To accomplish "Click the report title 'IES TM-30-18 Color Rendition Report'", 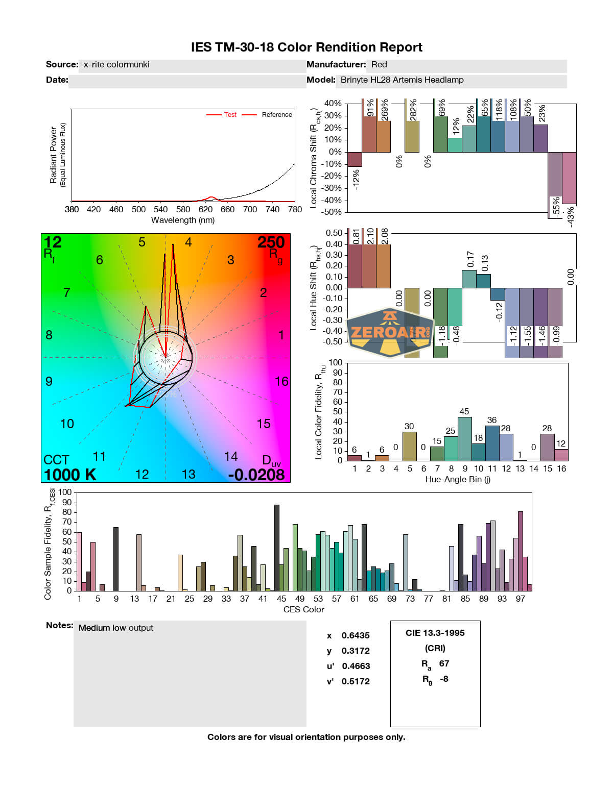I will pyautogui.click(x=306, y=47).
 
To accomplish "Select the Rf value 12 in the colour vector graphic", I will pyautogui.click(x=53, y=242).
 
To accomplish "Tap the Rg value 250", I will pyautogui.click(x=271, y=242).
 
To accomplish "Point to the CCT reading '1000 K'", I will pyautogui.click(x=70, y=475).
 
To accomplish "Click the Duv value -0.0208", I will pyautogui.click(x=256, y=475).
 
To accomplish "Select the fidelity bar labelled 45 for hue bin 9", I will pyautogui.click(x=464, y=439).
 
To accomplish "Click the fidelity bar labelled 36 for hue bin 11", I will pyautogui.click(x=492, y=443).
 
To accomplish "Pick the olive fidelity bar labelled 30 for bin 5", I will pyautogui.click(x=409, y=446).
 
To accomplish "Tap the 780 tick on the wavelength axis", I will pyautogui.click(x=295, y=209).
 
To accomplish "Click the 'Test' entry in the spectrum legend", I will pyautogui.click(x=230, y=115).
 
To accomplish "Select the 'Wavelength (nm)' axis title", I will pyautogui.click(x=183, y=220).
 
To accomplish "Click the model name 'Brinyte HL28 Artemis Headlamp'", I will pyautogui.click(x=402, y=80).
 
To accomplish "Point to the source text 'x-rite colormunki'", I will pyautogui.click(x=116, y=65).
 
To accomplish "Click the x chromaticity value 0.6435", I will pyautogui.click(x=356, y=635).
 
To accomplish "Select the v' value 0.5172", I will pyautogui.click(x=356, y=681).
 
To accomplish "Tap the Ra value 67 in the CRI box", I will pyautogui.click(x=444, y=663).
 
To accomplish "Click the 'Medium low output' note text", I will pyautogui.click(x=116, y=628).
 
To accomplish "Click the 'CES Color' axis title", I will pyautogui.click(x=303, y=609).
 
